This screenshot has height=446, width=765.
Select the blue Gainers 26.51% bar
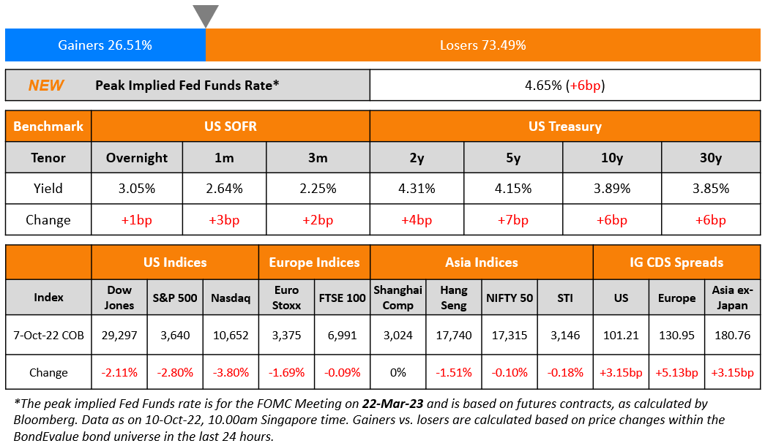105,45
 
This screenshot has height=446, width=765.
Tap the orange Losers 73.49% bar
482,45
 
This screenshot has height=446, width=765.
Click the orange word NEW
46,86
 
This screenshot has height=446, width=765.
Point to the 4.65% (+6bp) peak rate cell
564,86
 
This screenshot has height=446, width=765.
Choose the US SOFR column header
231,126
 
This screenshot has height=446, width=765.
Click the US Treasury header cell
564,126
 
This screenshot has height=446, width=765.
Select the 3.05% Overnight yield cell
136,189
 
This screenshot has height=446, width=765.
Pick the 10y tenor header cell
612,158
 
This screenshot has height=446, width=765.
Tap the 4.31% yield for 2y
417,189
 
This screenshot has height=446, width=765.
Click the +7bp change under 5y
513,220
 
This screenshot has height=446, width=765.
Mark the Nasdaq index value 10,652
231,336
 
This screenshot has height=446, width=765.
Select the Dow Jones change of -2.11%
119,372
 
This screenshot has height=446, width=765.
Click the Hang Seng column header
454,298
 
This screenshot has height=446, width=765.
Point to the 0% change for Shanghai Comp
398,372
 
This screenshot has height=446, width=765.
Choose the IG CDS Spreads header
676,262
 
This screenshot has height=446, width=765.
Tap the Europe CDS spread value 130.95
676,336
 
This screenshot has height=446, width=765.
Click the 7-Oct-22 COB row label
48,336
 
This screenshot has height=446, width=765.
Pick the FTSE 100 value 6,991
342,336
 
